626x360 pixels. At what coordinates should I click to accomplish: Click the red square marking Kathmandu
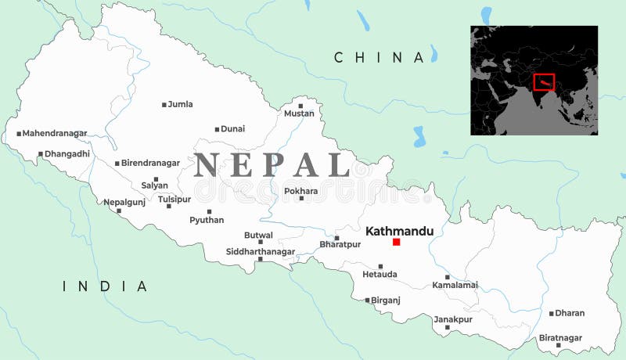(396, 243)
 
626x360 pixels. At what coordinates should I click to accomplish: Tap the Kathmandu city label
(399, 231)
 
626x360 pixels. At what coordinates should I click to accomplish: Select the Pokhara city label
(301, 190)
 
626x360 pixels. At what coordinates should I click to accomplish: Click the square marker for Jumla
(164, 105)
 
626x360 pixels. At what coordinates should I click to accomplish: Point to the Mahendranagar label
(55, 133)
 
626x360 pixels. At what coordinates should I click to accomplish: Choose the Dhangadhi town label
(67, 154)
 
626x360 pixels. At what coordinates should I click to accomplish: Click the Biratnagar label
(561, 337)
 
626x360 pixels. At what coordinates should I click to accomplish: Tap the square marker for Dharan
(551, 314)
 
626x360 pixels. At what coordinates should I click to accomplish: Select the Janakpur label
(453, 319)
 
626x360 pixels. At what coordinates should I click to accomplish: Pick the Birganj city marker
(367, 300)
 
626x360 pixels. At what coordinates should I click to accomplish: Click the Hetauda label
(380, 275)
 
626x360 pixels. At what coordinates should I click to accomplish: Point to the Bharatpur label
(340, 245)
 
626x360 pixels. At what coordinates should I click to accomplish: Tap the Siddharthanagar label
(261, 251)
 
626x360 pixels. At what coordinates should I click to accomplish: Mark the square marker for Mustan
(300, 106)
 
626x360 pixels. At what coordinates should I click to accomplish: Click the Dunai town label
(233, 128)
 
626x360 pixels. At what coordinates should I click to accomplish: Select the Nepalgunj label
(124, 202)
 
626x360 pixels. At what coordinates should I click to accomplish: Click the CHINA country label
(379, 57)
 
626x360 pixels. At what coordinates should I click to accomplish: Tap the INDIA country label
(105, 286)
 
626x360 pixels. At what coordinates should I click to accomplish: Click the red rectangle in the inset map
(544, 82)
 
